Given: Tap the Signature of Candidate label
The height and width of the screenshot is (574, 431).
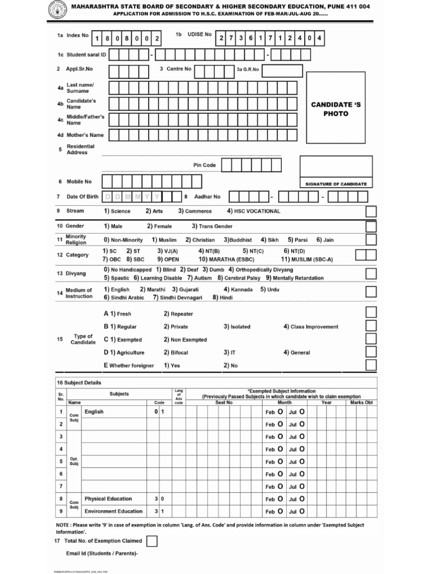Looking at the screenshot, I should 336,184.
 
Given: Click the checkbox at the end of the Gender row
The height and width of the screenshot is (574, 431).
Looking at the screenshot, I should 370,226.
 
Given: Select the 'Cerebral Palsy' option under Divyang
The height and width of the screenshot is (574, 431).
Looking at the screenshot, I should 242,278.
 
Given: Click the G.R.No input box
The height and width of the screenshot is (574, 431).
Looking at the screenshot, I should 281,70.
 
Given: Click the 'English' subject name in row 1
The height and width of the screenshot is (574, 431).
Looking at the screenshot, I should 94,412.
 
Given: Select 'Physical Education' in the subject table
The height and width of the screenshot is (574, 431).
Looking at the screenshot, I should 108,498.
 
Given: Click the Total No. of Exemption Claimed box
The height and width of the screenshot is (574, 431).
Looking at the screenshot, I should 152,541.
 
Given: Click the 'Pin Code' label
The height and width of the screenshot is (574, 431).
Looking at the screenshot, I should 204,165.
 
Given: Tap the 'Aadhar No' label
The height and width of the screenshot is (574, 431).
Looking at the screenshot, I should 207,197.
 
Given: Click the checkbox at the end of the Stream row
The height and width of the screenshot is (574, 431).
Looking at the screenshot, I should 370,211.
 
